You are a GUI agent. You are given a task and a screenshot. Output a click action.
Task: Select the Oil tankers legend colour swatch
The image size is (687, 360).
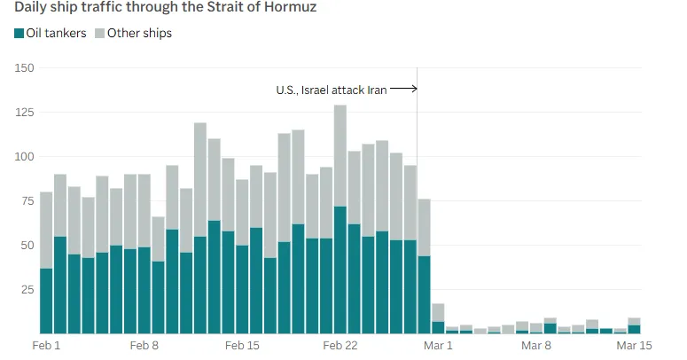(19, 34)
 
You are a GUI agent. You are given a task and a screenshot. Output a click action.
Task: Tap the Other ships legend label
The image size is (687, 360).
(139, 34)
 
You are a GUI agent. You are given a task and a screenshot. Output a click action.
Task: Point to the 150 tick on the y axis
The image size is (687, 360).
(25, 68)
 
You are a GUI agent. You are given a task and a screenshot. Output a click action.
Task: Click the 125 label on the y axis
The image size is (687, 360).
(25, 113)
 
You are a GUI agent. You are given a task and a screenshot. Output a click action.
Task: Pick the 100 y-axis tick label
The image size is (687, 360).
(25, 157)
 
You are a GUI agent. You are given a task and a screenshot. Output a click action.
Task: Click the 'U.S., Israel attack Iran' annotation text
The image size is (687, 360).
(332, 90)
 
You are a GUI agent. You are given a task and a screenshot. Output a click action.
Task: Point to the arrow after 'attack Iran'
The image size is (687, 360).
(403, 89)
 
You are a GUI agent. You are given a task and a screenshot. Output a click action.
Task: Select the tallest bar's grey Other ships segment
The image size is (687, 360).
(340, 155)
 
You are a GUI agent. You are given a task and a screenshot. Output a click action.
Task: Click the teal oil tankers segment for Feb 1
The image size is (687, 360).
(46, 301)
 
